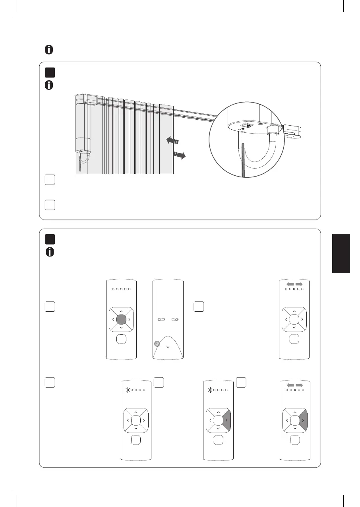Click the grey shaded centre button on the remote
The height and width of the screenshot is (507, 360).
click(122, 319)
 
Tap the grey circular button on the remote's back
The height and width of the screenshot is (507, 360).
click(158, 344)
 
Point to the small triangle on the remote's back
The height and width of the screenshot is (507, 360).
click(168, 347)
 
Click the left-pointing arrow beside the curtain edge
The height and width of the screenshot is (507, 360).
click(172, 140)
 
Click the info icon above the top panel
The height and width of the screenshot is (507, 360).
click(49, 50)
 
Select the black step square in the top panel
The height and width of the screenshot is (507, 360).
click(49, 72)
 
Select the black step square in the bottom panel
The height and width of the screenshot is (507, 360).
click(49, 239)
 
